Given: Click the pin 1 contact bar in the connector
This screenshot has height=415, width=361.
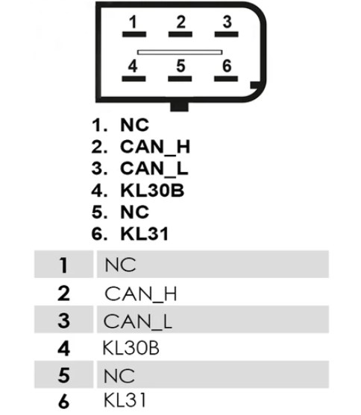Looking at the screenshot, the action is pos(134,34).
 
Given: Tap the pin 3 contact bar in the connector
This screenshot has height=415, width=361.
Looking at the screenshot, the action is pos(226,34).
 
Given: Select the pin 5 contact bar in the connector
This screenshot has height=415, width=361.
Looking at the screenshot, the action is pos(180,79).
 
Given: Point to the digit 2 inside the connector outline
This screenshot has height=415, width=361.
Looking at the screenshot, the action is pos(180,22).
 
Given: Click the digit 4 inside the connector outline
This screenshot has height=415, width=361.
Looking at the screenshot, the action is pos(133,66).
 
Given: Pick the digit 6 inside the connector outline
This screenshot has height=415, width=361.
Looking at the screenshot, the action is pos(227,66).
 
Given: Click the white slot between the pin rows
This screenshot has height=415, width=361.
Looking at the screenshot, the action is pos(180,52).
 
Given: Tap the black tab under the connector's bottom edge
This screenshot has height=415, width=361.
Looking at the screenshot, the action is pos(179,107).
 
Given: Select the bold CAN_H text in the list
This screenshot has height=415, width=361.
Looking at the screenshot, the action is pos(155,148).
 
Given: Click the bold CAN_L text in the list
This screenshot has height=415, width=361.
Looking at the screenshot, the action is pos(154,168).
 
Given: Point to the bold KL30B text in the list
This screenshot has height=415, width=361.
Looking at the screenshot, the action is pos(152,190).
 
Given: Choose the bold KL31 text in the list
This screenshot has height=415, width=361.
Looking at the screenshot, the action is pos(145,234).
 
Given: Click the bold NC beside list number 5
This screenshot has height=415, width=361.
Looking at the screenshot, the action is pos(135,212).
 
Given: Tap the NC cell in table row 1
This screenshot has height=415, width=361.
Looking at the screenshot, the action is pos(120,264).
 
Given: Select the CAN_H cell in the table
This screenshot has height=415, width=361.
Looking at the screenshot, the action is pos(141,294).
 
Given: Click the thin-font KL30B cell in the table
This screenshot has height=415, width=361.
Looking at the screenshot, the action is pos(131,348).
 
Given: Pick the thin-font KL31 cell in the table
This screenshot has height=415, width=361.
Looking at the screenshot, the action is pos(125,400).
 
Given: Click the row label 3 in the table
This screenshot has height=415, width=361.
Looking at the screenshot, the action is pos(63,320).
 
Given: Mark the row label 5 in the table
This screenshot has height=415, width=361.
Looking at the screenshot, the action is pos(63,376).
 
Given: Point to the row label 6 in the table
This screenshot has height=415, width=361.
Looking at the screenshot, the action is pos(63,402).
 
